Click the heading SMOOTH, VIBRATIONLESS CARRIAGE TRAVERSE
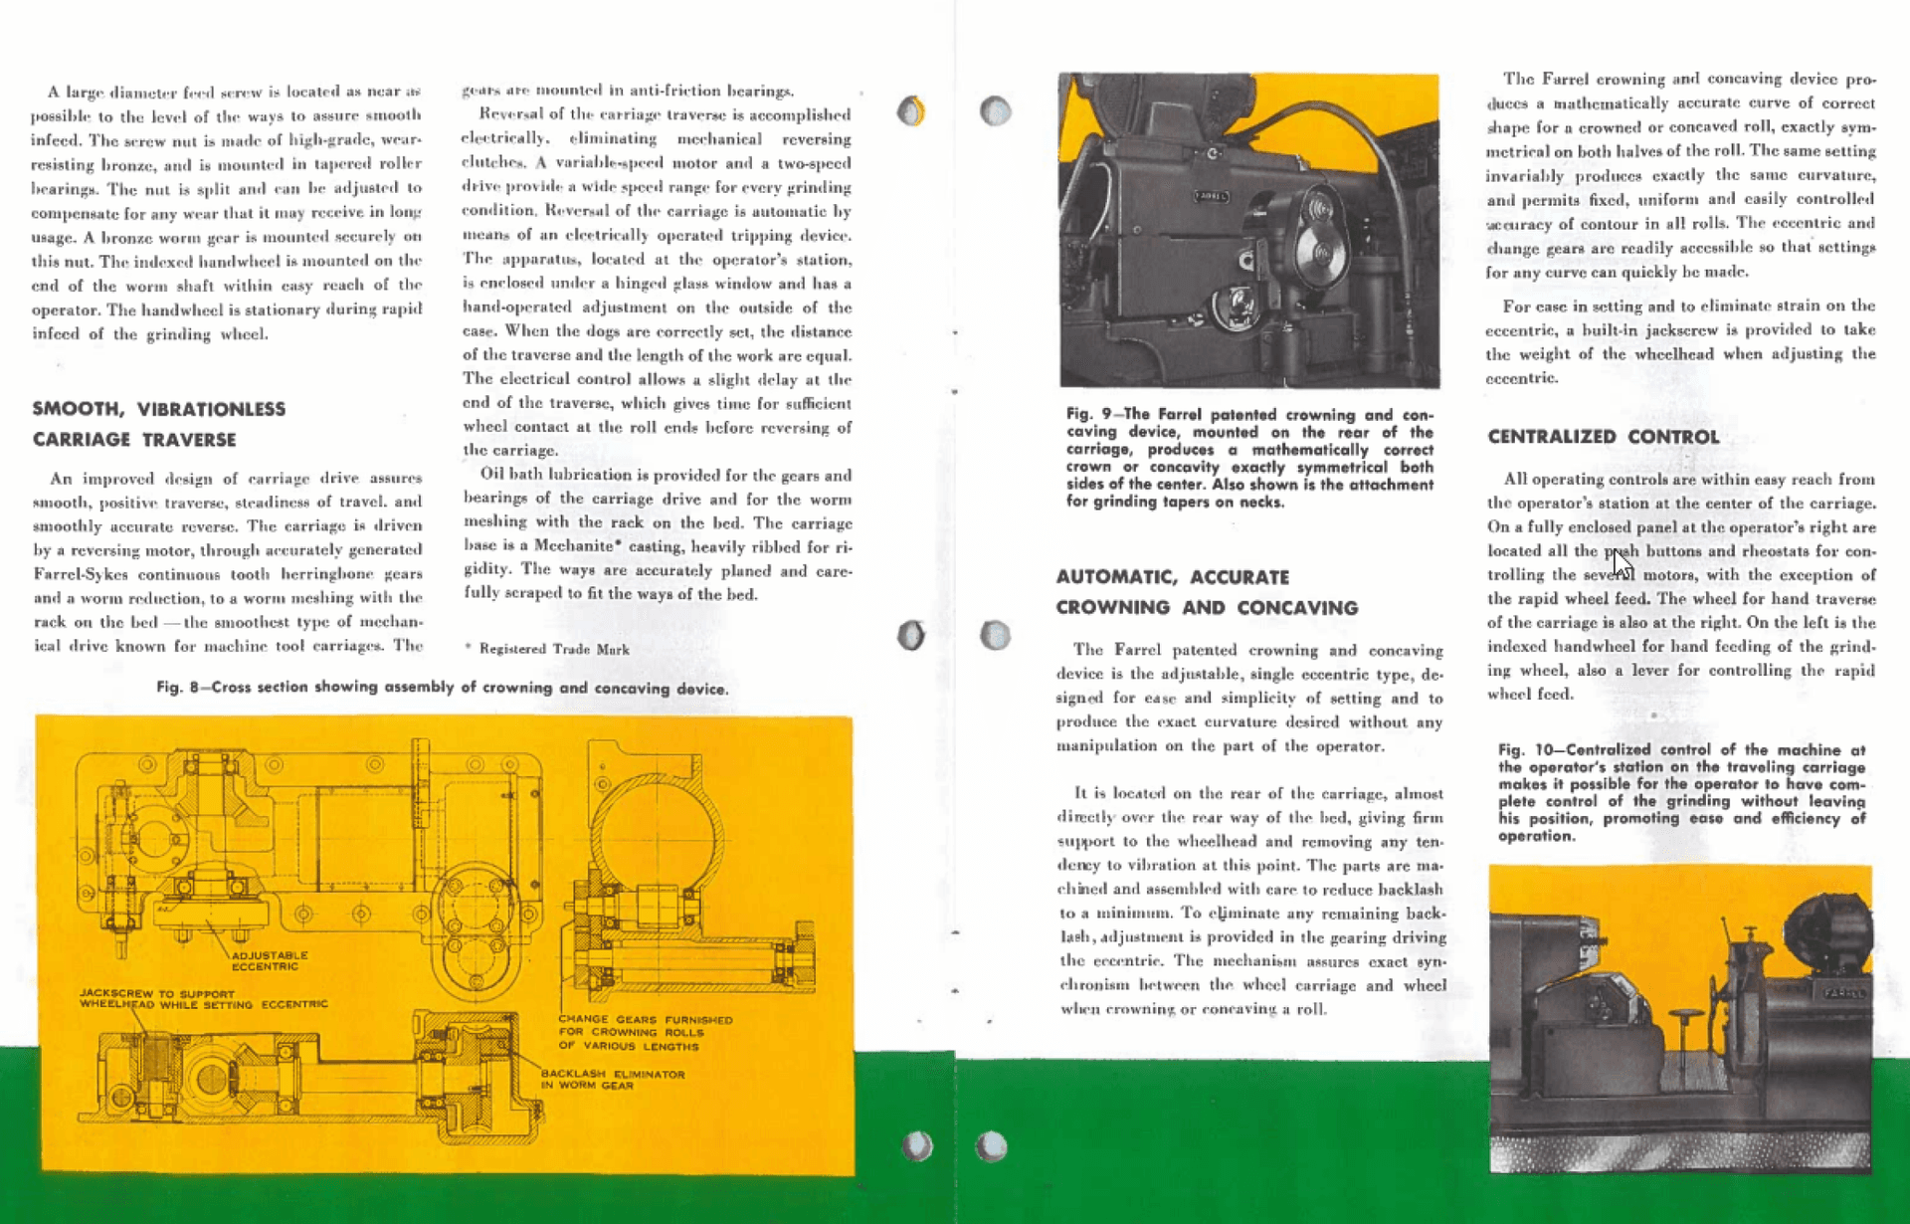pyautogui.click(x=158, y=424)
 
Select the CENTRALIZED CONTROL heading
pyautogui.click(x=1603, y=437)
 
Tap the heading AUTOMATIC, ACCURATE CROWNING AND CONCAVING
pyautogui.click(x=1206, y=592)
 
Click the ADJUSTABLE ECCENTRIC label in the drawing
pyautogui.click(x=269, y=960)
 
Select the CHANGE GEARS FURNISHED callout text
pyautogui.click(x=645, y=1033)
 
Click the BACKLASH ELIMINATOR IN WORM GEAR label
pyautogui.click(x=612, y=1080)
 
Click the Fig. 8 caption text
pyautogui.click(x=442, y=688)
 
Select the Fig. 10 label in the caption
pyautogui.click(x=1530, y=749)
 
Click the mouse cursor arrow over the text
pyautogui.click(x=1622, y=564)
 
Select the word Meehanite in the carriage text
pyautogui.click(x=578, y=546)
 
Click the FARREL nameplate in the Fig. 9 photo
pyautogui.click(x=1211, y=196)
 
